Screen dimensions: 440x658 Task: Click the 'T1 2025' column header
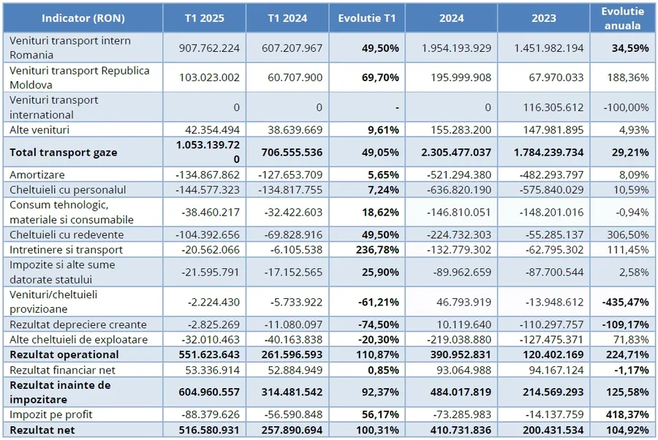point(205,18)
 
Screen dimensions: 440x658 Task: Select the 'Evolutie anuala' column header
point(622,18)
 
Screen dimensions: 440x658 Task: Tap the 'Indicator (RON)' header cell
point(81,18)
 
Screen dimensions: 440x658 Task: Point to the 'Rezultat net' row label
point(42,429)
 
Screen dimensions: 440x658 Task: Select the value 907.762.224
point(210,48)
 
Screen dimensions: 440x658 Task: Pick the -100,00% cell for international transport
point(628,107)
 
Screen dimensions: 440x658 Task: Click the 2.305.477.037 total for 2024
point(453,153)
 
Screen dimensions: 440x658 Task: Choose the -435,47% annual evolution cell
point(624,302)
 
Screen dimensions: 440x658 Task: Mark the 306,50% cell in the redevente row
point(628,235)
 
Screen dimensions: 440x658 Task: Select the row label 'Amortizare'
point(38,175)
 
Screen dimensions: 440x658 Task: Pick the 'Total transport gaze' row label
point(64,153)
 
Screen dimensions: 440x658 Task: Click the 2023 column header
point(544,18)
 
